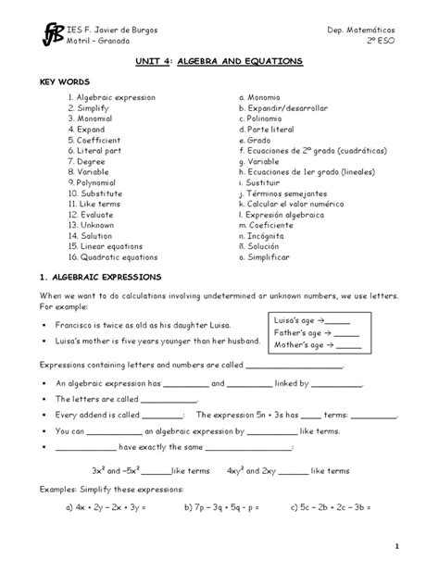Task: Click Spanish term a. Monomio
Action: [x=262, y=97]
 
